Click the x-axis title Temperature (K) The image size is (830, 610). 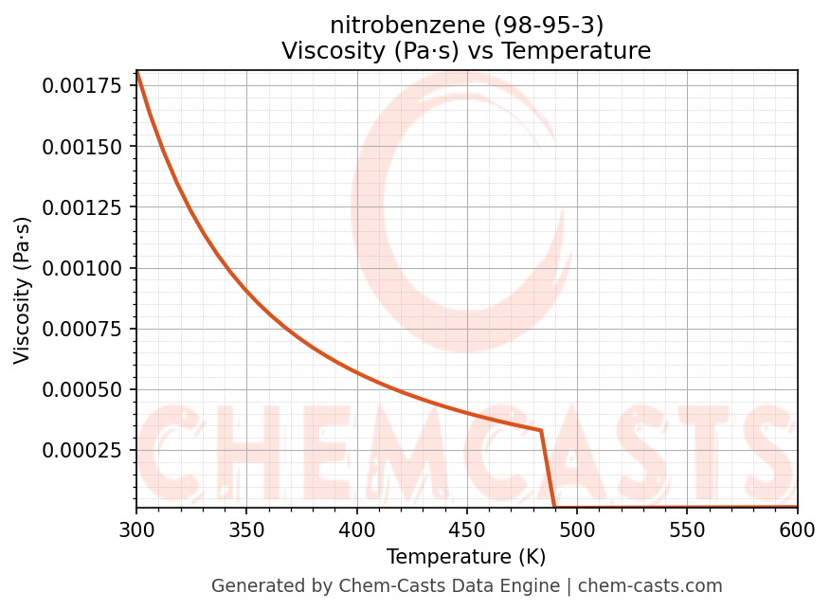[x=466, y=557]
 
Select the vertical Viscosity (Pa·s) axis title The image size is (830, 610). [x=23, y=290]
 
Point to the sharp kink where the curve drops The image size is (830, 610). [x=541, y=430]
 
